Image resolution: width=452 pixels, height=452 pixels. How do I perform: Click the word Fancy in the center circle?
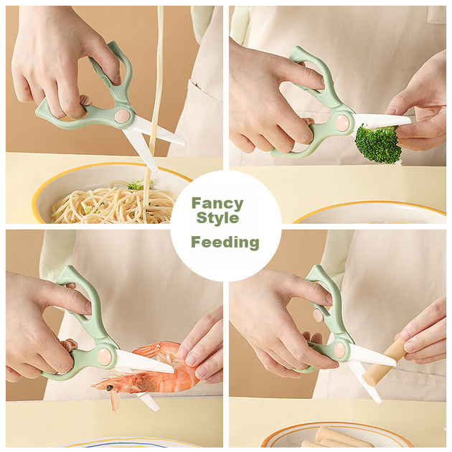(217, 204)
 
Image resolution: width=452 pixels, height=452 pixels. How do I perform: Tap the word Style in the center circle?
(217, 217)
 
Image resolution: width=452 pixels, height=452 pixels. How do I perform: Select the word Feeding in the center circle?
(225, 243)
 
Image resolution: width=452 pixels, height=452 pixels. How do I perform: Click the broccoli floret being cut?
(378, 143)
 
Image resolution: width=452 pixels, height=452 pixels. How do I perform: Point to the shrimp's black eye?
(110, 388)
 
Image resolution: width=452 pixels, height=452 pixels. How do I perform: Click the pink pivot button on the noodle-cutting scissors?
(123, 116)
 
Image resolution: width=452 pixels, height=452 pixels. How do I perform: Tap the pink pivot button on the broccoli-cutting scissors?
(342, 122)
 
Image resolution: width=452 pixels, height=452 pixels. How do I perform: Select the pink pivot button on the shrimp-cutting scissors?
(104, 356)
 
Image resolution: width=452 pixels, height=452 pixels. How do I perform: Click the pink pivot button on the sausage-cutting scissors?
(341, 349)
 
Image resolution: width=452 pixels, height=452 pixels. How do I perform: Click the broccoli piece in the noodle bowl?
(137, 184)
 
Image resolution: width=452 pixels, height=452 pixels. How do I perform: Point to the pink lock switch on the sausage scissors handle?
(319, 316)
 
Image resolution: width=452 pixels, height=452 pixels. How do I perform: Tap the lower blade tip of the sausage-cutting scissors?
(380, 401)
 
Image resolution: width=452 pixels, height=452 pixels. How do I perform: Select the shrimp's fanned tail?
(150, 349)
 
